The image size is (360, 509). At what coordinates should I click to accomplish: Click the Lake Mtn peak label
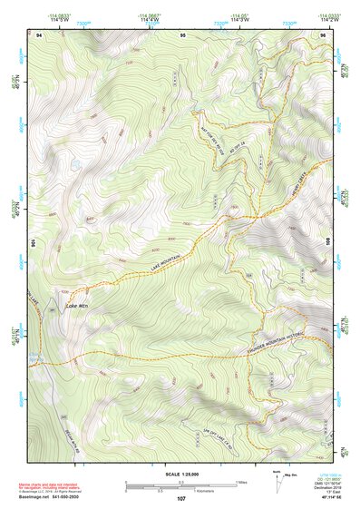(x=78, y=306)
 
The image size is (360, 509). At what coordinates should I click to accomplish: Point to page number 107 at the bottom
(x=181, y=499)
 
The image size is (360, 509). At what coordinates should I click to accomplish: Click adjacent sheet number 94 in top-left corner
(x=39, y=34)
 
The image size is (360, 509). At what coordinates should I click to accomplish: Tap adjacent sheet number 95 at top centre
(x=183, y=34)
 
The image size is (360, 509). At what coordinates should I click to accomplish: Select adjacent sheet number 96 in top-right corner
(x=324, y=34)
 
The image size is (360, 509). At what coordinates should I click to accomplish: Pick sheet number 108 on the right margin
(x=327, y=243)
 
